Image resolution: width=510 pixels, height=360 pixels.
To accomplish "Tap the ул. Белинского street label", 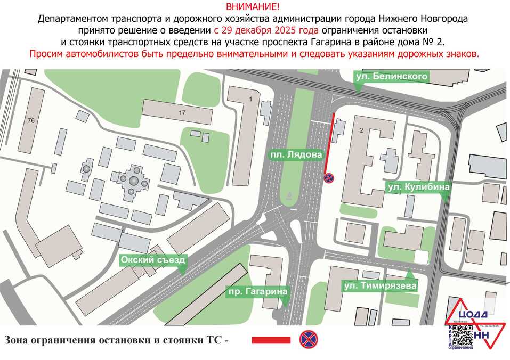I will (x=392, y=77).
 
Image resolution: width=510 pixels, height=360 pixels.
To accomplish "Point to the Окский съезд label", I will (x=153, y=260).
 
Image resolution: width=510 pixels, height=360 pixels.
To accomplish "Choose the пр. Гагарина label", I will (x=258, y=291).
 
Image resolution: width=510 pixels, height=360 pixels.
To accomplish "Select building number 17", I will (x=182, y=112).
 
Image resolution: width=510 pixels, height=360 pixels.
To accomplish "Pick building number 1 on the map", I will (x=250, y=99).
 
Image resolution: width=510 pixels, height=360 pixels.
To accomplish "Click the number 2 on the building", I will (x=361, y=130).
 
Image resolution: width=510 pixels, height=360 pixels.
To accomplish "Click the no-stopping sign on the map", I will (x=329, y=177).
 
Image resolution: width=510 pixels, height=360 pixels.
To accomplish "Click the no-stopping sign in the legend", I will (x=307, y=339).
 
